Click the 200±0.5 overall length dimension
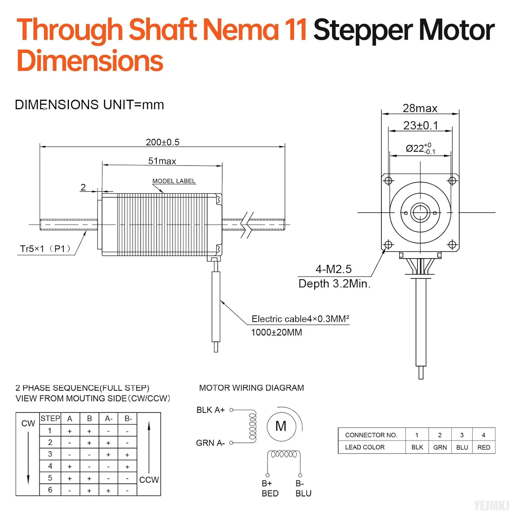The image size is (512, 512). click(162, 142)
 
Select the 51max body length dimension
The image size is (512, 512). click(162, 161)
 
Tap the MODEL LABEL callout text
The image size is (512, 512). click(174, 181)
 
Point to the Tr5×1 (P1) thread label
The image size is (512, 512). click(45, 248)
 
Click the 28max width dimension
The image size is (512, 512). click(420, 108)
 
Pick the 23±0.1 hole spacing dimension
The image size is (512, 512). click(421, 125)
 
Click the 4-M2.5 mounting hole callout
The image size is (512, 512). click(333, 269)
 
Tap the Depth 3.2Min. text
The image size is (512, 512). click(335, 284)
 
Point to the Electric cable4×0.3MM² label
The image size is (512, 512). click(300, 319)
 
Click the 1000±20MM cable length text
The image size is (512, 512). click(276, 332)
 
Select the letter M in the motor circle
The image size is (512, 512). click(281, 426)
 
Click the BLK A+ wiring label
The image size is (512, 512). click(210, 410)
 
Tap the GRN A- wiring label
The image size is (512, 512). click(210, 443)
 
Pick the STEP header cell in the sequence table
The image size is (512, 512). click(50, 418)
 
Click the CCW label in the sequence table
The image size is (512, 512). click(149, 480)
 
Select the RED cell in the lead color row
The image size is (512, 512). click(484, 447)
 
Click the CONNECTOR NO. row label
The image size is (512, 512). click(371, 435)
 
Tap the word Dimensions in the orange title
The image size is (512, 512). click(90, 60)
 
